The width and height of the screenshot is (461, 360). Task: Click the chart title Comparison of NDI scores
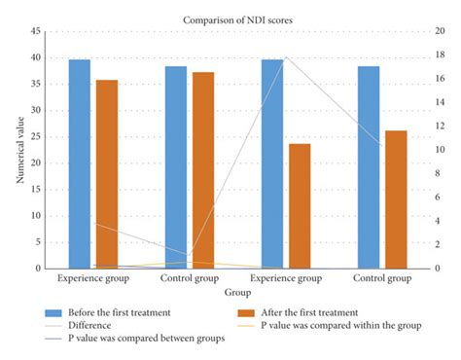tap(230, 18)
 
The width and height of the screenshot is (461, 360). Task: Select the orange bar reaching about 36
tap(106, 174)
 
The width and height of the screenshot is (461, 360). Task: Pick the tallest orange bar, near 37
tap(202, 170)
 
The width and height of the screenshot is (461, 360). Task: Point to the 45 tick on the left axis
tap(35, 32)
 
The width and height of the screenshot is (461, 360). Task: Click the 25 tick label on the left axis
tap(35, 137)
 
